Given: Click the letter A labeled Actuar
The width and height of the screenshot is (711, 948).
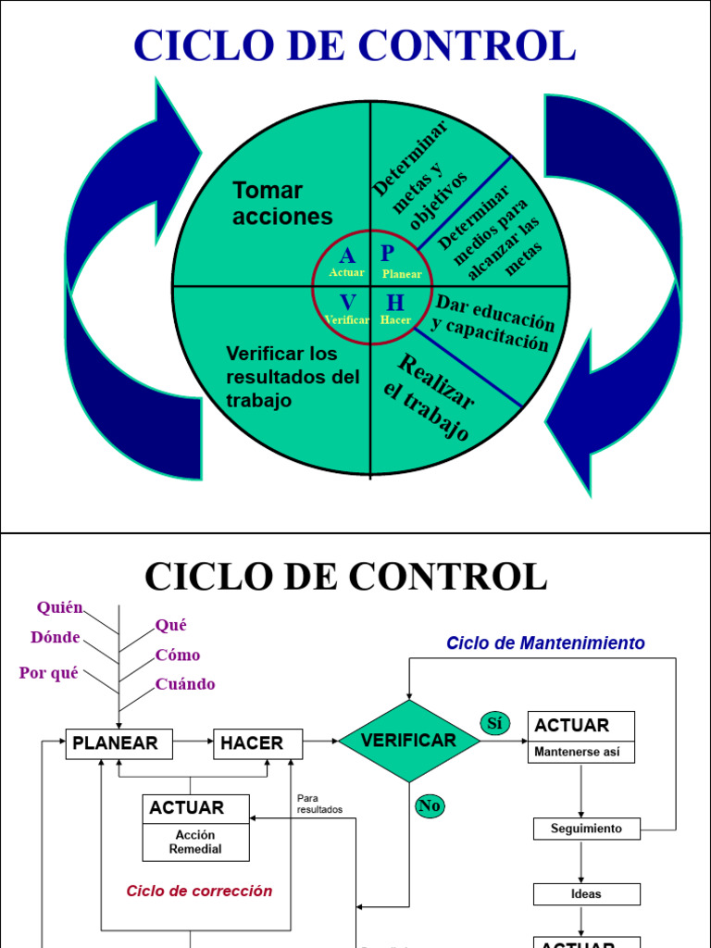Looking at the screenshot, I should point(347,256).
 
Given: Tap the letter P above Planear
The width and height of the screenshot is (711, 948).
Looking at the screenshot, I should point(388,254).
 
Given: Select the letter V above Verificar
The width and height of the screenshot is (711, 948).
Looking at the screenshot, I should point(347,303).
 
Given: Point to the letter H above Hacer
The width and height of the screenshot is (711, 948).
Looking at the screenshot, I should point(395,303).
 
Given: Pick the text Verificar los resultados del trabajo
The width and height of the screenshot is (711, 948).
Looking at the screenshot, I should point(292,377).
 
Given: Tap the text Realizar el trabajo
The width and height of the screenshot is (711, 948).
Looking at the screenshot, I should point(428,396).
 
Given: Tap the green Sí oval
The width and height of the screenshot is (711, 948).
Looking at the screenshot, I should point(494,723).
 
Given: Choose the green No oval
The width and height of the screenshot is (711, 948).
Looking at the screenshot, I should point(430,805).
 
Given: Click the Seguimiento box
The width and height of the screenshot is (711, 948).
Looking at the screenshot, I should point(586,829).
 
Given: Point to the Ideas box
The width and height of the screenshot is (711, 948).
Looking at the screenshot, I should point(586,893).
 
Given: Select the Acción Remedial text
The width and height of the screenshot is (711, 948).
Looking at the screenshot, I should point(195,842).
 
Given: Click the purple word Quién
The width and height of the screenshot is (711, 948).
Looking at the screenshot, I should point(60,607).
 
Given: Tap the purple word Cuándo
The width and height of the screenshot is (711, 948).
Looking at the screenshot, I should point(185,684).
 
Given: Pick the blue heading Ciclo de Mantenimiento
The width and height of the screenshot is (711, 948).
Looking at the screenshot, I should point(545,642).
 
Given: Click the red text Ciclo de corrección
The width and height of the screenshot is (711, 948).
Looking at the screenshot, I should point(199,891).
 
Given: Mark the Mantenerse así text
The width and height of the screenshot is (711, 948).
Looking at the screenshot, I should point(577,752).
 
